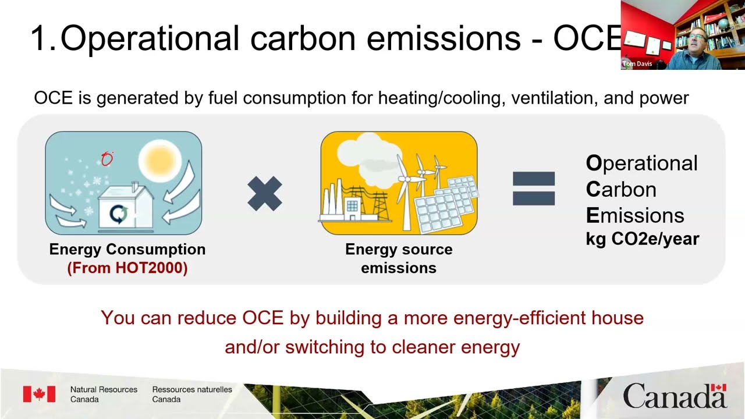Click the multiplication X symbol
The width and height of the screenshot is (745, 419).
[x=265, y=194]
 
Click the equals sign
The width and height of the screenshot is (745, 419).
[x=533, y=189]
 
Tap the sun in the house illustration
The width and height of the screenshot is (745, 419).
[x=156, y=158]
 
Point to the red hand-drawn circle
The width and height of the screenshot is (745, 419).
[x=107, y=159]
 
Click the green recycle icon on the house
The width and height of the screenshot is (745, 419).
[x=119, y=214]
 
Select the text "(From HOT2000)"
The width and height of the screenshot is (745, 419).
[x=127, y=268]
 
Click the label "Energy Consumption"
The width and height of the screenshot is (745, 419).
[x=127, y=250]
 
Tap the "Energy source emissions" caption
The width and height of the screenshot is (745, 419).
[x=399, y=258]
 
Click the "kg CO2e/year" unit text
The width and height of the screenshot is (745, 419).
[x=642, y=239]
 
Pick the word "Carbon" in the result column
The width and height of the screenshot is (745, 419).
[x=621, y=189]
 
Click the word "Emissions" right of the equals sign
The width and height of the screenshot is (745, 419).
[x=635, y=215]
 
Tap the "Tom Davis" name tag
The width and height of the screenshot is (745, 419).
[x=637, y=64]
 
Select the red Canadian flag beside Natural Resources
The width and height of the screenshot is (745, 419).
[x=39, y=394]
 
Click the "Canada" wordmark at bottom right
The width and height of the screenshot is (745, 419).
[x=675, y=396]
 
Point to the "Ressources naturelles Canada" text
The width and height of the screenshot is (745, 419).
[x=192, y=395]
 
